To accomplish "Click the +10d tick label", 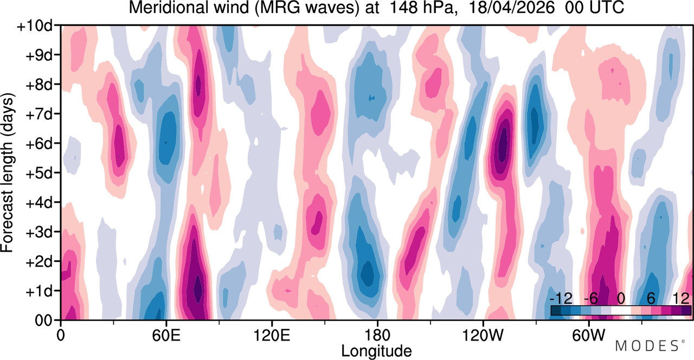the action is (x=34, y=27).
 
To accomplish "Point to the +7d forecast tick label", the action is (x=38, y=114).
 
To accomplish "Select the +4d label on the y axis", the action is (x=38, y=203).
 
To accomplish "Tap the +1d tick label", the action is (x=38, y=292).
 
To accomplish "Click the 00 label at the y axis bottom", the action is (x=43, y=321).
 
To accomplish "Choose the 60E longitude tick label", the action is (x=166, y=336).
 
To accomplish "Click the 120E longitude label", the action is (x=272, y=336).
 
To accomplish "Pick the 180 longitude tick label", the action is (x=377, y=336).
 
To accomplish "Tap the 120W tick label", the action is (x=483, y=336).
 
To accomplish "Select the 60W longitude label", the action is (x=588, y=336).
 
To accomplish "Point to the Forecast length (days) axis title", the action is (x=8, y=172).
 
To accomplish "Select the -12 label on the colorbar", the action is (x=561, y=299).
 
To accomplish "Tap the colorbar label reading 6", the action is (x=651, y=299).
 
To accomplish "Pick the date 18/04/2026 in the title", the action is (x=511, y=8).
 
